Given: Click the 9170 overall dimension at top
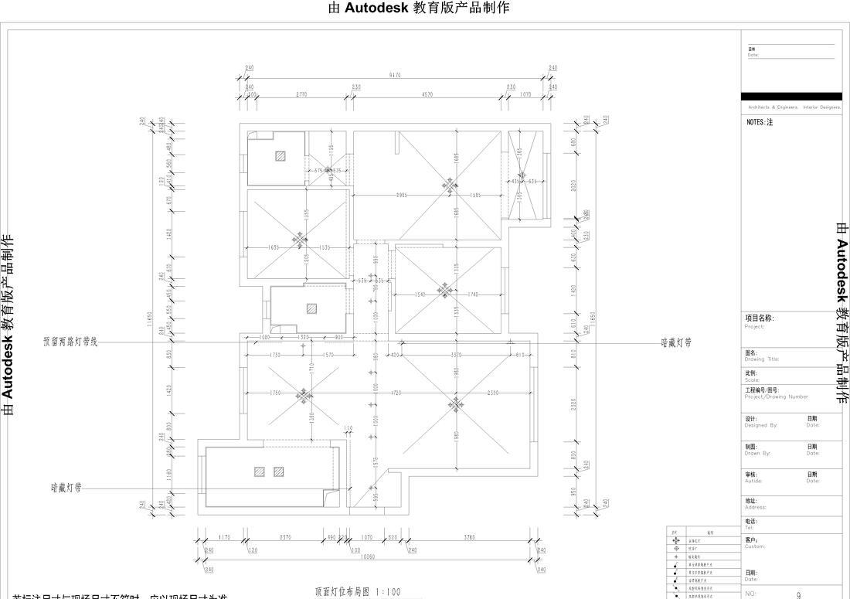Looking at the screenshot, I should point(395,75).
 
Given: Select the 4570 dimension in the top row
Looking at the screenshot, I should point(427,94).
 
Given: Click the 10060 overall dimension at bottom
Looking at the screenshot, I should point(368,556).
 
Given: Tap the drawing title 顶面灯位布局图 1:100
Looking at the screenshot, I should point(358,592).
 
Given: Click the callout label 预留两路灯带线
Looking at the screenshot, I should point(70,341).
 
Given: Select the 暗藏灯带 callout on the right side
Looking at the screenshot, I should point(676,341).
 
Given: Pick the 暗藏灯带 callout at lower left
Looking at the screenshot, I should point(66,488).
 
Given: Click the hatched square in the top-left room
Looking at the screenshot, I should point(280,155).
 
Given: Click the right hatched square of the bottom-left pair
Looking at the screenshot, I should point(278,471).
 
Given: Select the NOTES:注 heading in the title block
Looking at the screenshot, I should point(760,122).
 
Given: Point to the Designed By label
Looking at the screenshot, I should point(761,425).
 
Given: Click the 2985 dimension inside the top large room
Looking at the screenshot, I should point(402,195).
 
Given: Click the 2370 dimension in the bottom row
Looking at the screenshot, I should point(284,537).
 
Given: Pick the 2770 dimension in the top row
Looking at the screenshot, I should point(301,94).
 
